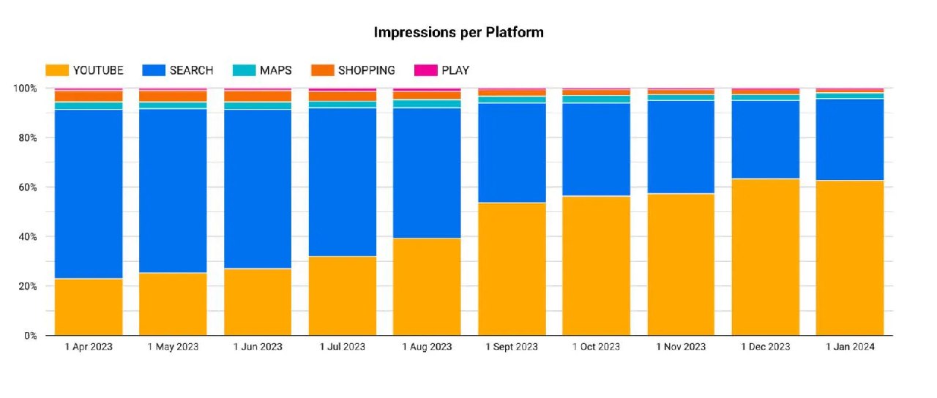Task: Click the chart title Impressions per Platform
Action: (459, 32)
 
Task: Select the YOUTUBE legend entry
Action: (84, 70)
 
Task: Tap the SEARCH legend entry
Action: (179, 70)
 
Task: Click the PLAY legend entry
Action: (442, 70)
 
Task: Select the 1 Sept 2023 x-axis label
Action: (512, 347)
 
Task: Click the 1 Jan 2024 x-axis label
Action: (850, 347)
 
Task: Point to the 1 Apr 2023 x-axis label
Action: (89, 347)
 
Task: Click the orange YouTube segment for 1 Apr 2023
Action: (89, 307)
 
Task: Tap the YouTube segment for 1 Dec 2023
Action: (766, 257)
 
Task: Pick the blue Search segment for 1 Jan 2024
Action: (850, 139)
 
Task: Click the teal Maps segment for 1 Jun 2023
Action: (258, 105)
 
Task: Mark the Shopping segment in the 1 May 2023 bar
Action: (173, 96)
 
